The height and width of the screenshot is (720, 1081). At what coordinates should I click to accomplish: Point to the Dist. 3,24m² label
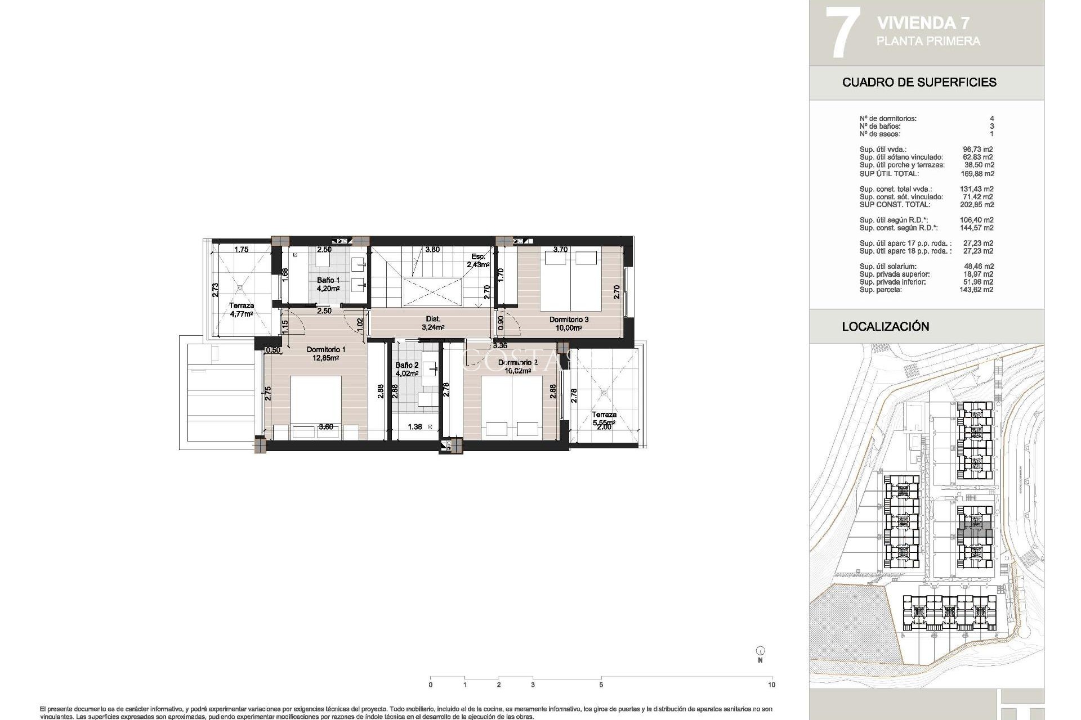point(433,322)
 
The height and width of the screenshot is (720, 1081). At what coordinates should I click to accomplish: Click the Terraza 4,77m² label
point(241,309)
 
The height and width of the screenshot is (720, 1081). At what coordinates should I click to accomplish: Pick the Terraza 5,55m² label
point(603,418)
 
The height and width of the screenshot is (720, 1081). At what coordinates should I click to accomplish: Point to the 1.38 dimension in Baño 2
point(414,427)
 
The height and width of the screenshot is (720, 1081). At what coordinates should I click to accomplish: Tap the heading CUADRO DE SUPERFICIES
point(919,82)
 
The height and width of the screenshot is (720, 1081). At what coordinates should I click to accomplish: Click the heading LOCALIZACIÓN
point(885,326)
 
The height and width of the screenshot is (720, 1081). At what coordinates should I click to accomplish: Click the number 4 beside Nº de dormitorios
point(991,119)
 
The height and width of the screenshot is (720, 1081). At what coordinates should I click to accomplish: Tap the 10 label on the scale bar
point(771,685)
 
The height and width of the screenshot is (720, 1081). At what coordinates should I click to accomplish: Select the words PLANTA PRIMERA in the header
point(928,41)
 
